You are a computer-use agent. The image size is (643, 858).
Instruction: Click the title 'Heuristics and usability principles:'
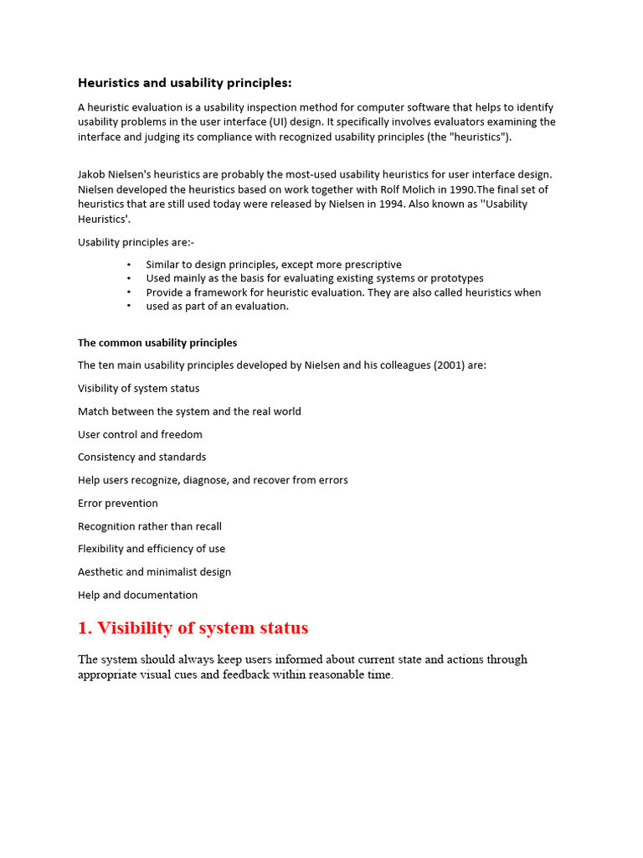(185, 83)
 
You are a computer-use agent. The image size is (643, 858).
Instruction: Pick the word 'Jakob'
(93, 174)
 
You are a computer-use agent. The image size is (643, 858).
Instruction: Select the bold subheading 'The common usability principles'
(157, 343)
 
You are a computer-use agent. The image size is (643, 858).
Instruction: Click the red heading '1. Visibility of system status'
(193, 628)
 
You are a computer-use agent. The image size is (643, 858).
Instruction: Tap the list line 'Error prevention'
(118, 504)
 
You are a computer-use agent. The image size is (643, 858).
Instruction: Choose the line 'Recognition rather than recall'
(150, 526)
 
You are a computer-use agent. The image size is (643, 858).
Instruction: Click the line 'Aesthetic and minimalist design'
(154, 572)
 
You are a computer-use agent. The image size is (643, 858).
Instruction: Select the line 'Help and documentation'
(138, 595)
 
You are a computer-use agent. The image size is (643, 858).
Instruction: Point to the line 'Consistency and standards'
(141, 457)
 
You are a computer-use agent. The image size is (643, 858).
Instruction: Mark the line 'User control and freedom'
(140, 435)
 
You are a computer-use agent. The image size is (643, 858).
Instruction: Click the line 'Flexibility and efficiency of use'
(152, 549)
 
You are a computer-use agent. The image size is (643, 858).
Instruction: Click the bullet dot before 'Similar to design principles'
(129, 265)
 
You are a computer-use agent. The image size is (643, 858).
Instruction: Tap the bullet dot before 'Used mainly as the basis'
(129, 278)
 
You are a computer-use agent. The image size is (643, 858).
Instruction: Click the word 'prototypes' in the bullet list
(456, 278)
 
